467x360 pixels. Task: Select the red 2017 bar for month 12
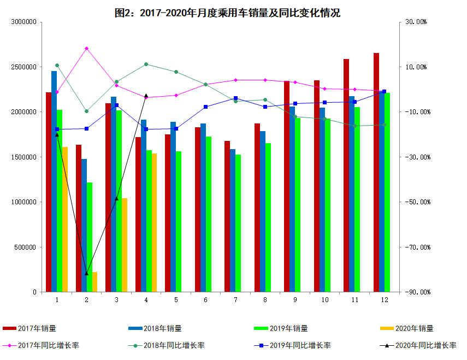pyautogui.click(x=376, y=172)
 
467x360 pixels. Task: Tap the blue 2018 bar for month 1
pyautogui.click(x=54, y=181)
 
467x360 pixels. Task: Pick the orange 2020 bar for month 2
pyautogui.click(x=94, y=282)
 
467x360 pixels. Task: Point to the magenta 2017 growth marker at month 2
pyautogui.click(x=86, y=49)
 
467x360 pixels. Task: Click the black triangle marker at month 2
pyautogui.click(x=86, y=273)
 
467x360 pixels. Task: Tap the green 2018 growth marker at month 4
pyautogui.click(x=146, y=64)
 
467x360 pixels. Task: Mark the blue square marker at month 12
pyautogui.click(x=384, y=91)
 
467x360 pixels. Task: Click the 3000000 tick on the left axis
pyautogui.click(x=23, y=22)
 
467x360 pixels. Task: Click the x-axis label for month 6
pyautogui.click(x=205, y=299)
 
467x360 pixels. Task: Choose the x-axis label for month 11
pyautogui.click(x=354, y=299)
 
